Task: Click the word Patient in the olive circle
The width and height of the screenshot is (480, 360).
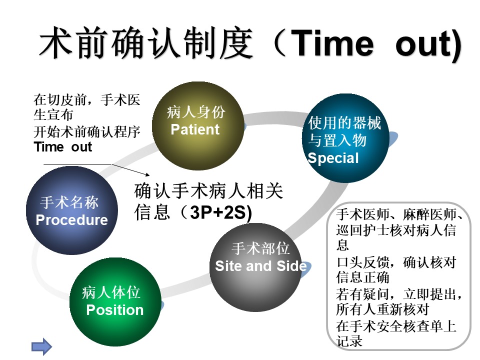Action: (195, 129)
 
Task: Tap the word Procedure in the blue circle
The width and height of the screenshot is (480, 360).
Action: (71, 220)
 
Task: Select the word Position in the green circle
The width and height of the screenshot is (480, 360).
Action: (115, 310)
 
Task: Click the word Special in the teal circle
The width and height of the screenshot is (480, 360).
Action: (333, 158)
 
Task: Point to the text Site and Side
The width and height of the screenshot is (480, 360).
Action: (261, 265)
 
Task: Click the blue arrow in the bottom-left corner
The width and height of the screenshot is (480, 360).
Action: (42, 346)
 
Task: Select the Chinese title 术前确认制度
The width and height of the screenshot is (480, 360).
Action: (146, 43)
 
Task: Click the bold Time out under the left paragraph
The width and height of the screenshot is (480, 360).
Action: (63, 147)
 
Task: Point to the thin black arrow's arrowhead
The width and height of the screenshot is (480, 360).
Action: (148, 174)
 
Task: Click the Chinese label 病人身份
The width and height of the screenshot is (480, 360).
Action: (196, 111)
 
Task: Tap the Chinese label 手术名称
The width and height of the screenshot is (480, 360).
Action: (69, 202)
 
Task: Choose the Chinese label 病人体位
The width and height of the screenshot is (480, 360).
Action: (111, 292)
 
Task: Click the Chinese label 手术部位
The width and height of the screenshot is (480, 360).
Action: (260, 248)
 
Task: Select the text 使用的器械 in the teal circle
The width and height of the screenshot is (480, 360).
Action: (344, 123)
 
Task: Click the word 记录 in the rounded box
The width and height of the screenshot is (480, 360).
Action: (349, 341)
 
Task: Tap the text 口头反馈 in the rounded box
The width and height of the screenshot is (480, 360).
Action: (363, 262)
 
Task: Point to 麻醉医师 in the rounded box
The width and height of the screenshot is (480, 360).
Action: (429, 214)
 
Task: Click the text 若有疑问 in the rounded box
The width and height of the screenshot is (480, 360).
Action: (363, 294)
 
